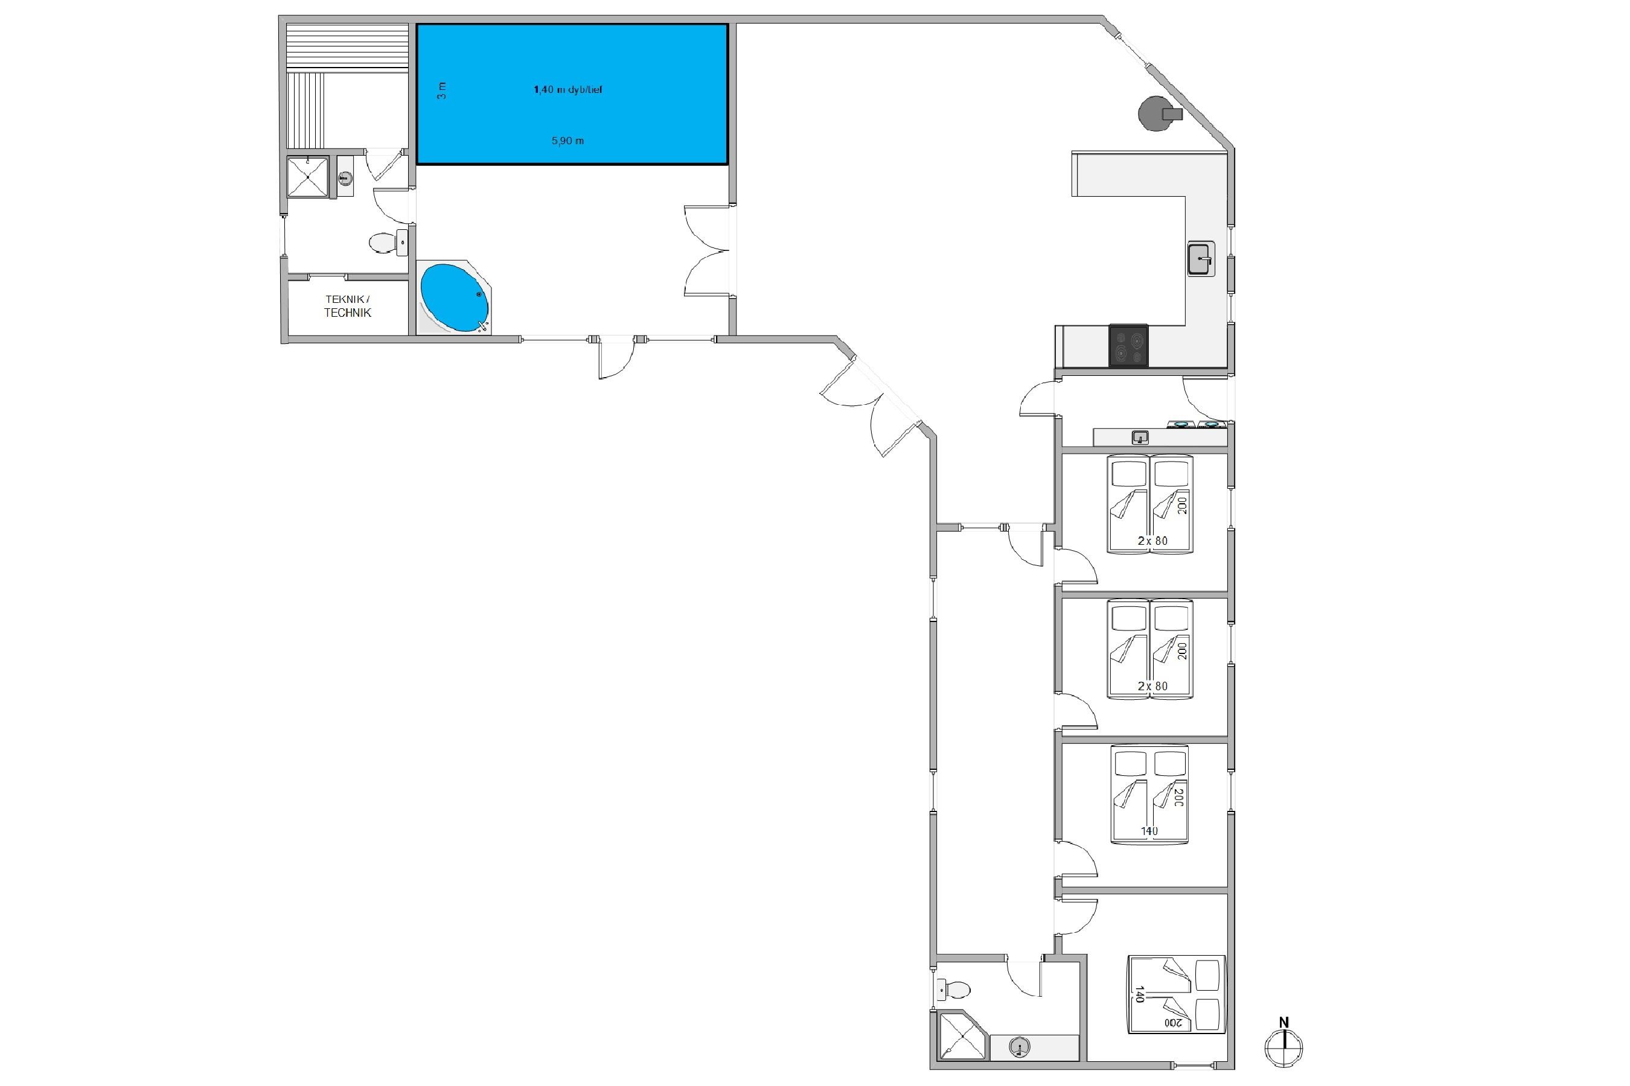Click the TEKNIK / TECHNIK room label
tap(347, 306)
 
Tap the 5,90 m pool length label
tap(567, 141)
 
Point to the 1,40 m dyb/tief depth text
tap(567, 89)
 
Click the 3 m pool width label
tap(441, 90)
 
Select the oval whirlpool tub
tap(454, 298)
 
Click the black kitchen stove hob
tap(1128, 345)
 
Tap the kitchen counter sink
tap(1201, 258)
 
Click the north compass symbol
tap(1283, 1047)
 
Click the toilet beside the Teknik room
tap(380, 243)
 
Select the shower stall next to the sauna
tap(307, 177)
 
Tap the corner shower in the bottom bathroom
tap(962, 1035)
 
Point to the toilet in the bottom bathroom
tap(954, 989)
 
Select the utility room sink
tap(1140, 437)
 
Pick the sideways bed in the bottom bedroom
tap(1176, 994)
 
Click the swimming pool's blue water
tap(572, 94)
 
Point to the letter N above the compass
tap(1283, 1021)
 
